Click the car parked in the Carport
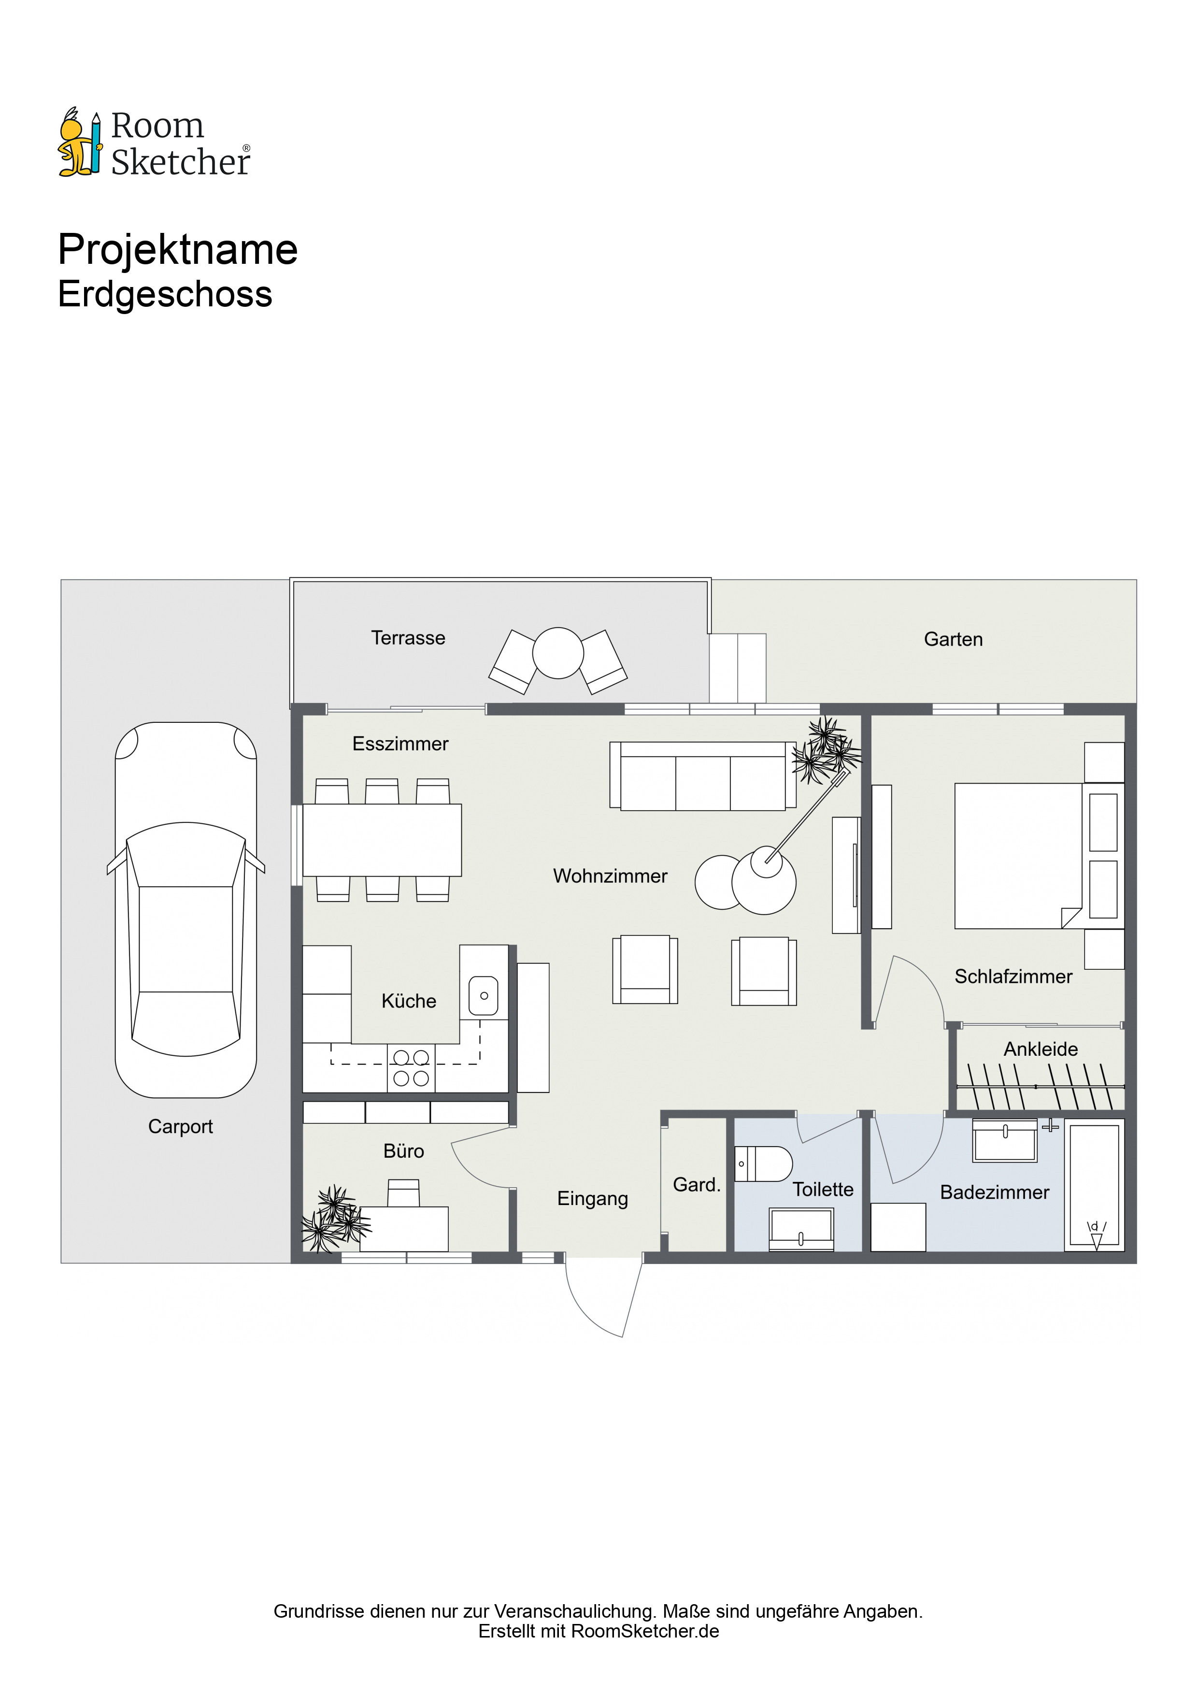click(186, 909)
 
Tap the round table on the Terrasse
click(558, 653)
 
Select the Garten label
click(953, 639)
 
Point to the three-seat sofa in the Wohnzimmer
click(703, 776)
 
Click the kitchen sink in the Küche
click(484, 996)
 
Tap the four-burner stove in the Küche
click(411, 1067)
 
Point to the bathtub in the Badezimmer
click(1095, 1186)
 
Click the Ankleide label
click(1041, 1049)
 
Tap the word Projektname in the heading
click(178, 249)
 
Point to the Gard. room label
click(697, 1185)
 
